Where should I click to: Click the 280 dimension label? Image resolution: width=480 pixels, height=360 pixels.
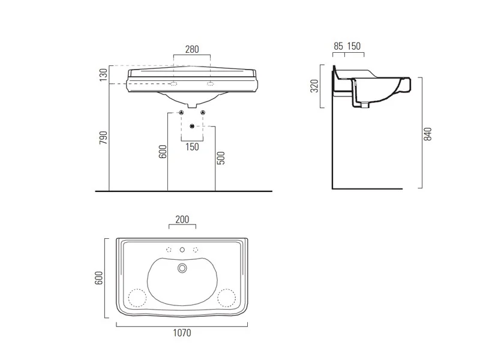(192, 49)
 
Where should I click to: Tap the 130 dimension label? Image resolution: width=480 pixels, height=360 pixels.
(103, 75)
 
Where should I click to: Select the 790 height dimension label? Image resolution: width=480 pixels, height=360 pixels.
(103, 138)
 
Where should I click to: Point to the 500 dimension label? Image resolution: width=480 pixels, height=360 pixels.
(221, 158)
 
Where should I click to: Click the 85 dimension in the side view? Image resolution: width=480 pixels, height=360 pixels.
(338, 46)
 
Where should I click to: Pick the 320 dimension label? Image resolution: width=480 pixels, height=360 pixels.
(314, 86)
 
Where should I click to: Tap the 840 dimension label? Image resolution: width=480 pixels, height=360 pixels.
(427, 134)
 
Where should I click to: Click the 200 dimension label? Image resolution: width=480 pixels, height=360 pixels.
(182, 220)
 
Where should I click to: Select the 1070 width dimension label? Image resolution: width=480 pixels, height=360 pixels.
(182, 333)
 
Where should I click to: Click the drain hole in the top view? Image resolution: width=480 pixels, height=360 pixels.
(182, 268)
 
